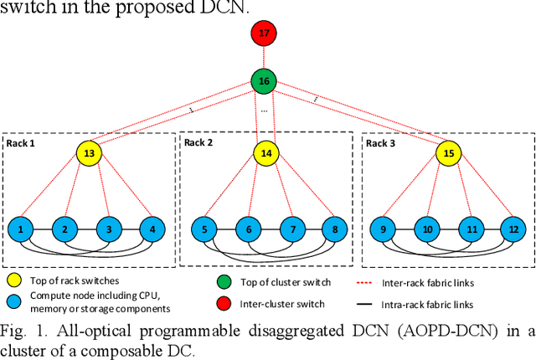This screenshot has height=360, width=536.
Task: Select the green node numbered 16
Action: pos(264,82)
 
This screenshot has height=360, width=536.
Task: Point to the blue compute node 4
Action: pos(152,228)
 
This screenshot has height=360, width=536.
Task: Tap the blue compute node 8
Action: pos(334,228)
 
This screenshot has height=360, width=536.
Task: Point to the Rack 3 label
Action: pos(382,143)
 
